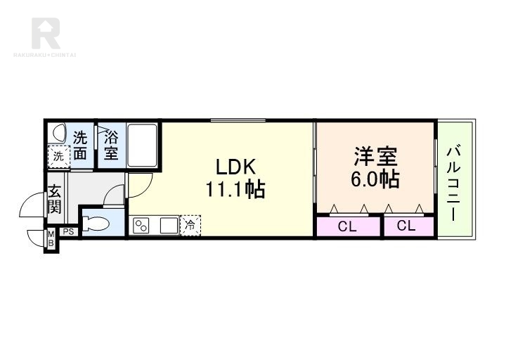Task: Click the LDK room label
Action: (235, 167)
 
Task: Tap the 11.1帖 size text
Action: (235, 189)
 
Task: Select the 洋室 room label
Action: (375, 156)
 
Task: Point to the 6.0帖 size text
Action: (375, 179)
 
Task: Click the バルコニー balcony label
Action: (453, 184)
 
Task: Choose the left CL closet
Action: (348, 226)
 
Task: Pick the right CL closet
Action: (408, 226)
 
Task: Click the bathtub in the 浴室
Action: (142, 145)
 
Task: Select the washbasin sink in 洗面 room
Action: (58, 131)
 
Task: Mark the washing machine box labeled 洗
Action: (59, 157)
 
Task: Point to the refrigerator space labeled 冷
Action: (190, 226)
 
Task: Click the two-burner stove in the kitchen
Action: (142, 226)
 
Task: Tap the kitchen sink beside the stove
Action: (169, 226)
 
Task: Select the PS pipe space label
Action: (68, 232)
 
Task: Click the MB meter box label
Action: (51, 238)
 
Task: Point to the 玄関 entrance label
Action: (55, 199)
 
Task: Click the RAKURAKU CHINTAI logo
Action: (45, 37)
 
